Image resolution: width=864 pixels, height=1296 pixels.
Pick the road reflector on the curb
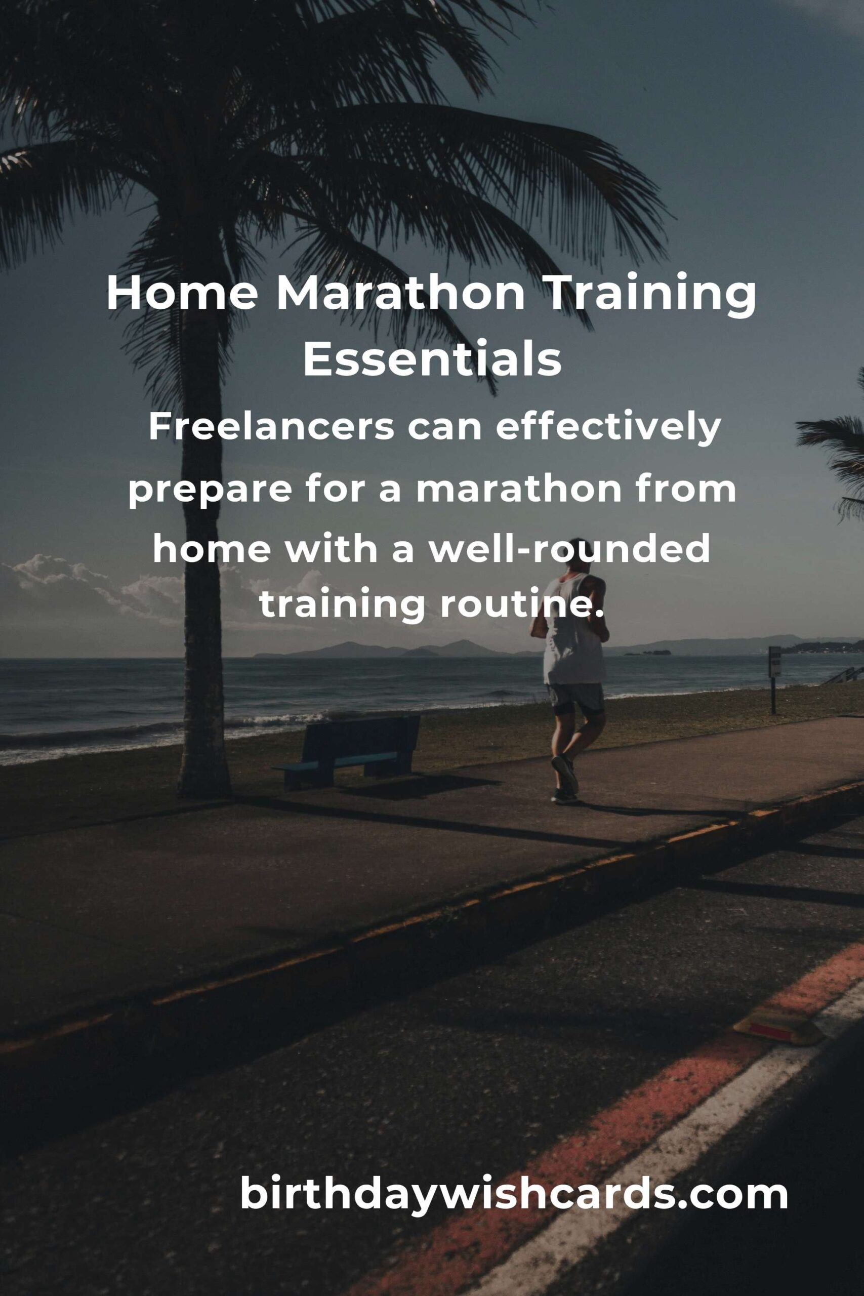tap(777, 1024)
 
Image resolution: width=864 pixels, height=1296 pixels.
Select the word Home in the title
tap(182, 294)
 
